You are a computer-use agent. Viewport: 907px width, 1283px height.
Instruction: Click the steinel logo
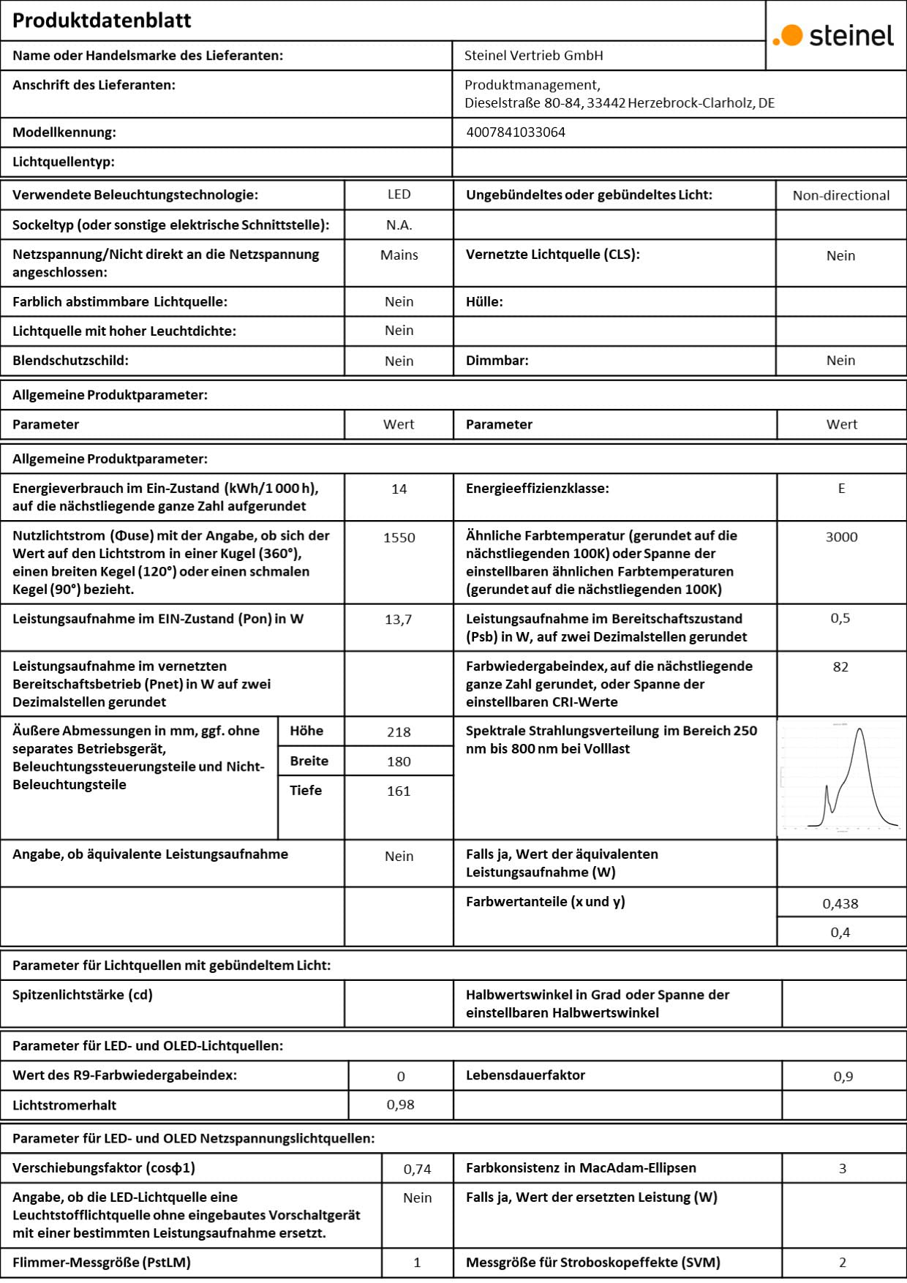834,35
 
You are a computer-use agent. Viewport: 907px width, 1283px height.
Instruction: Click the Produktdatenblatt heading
102,20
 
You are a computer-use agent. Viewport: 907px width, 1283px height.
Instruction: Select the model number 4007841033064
516,132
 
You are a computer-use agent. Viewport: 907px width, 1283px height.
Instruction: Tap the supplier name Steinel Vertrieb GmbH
534,56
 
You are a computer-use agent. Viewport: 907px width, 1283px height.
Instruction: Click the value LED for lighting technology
399,195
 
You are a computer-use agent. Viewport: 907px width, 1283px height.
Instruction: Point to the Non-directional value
841,195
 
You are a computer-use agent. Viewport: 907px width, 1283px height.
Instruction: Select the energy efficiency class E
841,489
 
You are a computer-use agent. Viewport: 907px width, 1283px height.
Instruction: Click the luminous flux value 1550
399,538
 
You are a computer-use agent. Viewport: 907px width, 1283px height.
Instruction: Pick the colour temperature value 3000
841,537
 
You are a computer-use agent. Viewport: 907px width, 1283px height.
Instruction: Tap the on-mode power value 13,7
399,620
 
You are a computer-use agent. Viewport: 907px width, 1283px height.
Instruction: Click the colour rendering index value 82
840,667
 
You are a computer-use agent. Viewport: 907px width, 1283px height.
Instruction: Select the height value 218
399,732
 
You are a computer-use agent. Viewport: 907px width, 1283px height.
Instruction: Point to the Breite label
309,761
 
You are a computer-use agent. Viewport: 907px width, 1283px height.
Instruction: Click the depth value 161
399,791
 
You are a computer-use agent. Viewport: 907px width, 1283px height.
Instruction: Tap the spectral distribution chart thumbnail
841,778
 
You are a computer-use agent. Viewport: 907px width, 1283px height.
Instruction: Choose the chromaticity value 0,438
840,904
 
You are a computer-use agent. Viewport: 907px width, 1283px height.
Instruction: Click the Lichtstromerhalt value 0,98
400,1105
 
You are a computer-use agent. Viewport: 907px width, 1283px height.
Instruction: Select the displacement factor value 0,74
417,1170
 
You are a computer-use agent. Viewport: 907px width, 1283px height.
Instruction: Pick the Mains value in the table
399,255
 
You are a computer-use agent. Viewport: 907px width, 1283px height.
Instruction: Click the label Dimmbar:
497,361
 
